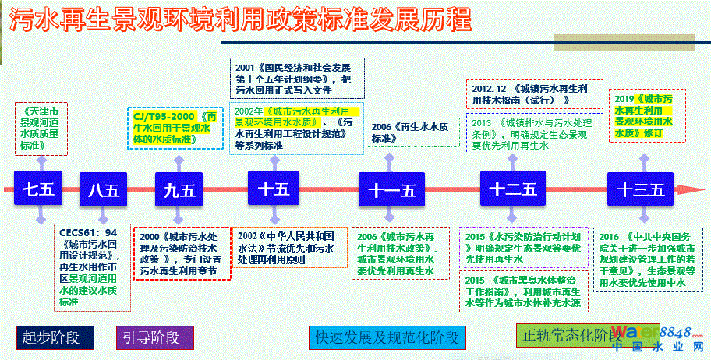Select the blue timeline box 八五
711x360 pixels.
click(103, 189)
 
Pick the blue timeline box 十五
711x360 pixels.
click(273, 189)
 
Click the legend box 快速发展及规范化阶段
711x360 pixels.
click(387, 337)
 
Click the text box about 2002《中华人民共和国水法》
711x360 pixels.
click(286, 247)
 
